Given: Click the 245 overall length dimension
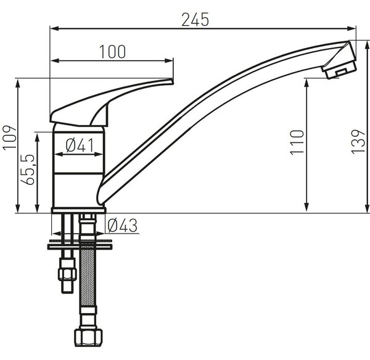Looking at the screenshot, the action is pyautogui.click(x=195, y=19).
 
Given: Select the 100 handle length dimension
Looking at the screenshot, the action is pyautogui.click(x=112, y=52).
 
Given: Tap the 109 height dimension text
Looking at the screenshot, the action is pyautogui.click(x=10, y=137).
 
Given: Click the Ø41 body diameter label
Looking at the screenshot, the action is pyautogui.click(x=80, y=145).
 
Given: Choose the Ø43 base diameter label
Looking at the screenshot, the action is pyautogui.click(x=122, y=225).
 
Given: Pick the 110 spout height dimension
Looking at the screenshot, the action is pyautogui.click(x=297, y=142).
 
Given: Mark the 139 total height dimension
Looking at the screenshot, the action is pyautogui.click(x=358, y=142).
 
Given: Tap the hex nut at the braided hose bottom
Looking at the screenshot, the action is pyautogui.click(x=88, y=337).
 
